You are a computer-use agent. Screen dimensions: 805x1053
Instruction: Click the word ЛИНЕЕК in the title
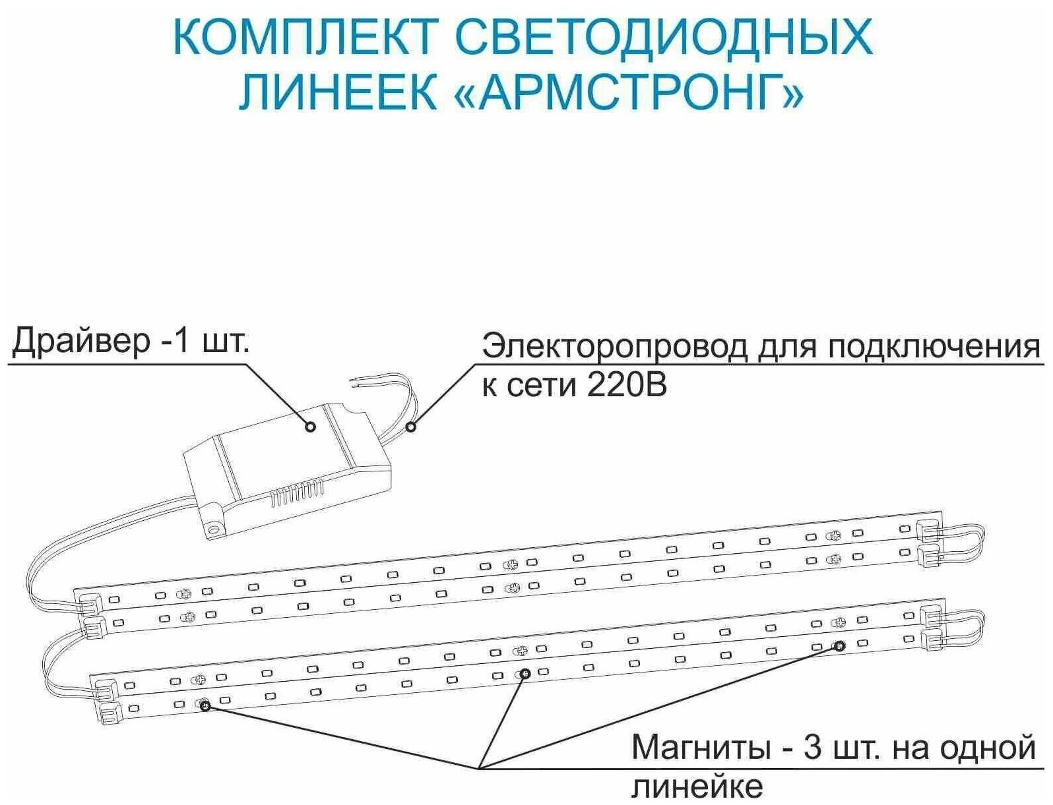click(338, 94)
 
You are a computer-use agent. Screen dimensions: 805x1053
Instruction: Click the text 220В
click(626, 385)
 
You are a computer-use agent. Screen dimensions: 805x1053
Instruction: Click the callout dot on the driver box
click(311, 427)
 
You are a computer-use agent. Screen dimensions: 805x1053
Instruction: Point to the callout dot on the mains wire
click(411, 427)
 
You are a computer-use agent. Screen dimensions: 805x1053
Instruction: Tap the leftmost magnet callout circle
click(205, 706)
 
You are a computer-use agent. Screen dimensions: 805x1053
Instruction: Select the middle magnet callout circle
click(525, 673)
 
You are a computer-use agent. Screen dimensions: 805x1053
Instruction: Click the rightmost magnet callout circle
click(839, 645)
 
